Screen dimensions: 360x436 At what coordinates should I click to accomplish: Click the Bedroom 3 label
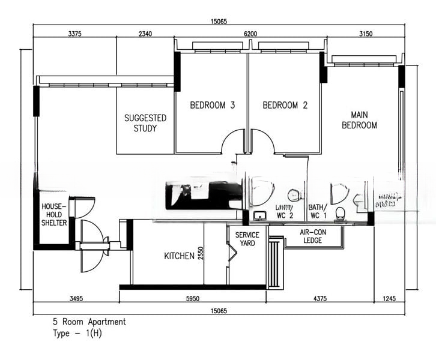[x=212, y=106]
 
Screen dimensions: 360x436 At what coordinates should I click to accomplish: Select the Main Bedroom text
[x=359, y=120]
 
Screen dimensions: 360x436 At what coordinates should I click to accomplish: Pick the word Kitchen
[x=179, y=256]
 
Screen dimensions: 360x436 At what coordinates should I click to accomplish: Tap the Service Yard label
[x=247, y=239]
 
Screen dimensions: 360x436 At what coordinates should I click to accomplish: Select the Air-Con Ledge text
[x=313, y=236]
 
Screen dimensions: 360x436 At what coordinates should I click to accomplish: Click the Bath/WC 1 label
[x=318, y=211]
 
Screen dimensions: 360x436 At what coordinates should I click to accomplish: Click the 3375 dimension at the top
[x=75, y=34]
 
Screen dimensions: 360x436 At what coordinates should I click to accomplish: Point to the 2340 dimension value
[x=145, y=34]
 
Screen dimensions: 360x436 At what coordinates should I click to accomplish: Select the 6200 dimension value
[x=250, y=34]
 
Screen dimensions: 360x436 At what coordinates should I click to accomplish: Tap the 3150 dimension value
[x=366, y=34]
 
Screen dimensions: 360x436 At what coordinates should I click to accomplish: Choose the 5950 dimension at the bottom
[x=192, y=298]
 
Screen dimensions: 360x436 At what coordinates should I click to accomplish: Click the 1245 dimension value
[x=389, y=298]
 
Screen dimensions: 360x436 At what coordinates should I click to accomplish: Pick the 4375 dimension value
[x=319, y=298]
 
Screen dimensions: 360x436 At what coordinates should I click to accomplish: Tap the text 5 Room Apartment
[x=89, y=322]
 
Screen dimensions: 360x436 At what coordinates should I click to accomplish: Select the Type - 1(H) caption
[x=77, y=333]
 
